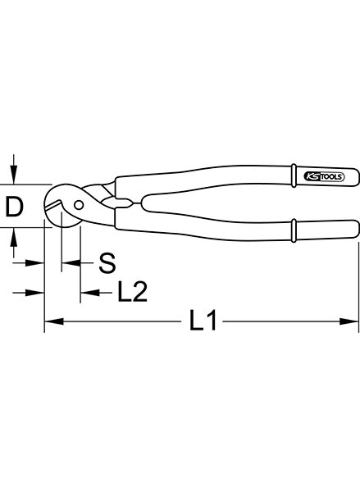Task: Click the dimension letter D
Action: pyautogui.click(x=15, y=207)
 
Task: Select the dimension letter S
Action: pyautogui.click(x=107, y=263)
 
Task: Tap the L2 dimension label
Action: pyautogui.click(x=133, y=292)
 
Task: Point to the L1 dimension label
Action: pyautogui.click(x=203, y=320)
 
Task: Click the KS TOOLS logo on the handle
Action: pyautogui.click(x=324, y=176)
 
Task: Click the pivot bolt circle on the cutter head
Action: pyautogui.click(x=79, y=205)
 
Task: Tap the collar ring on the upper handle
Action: pyautogui.click(x=294, y=175)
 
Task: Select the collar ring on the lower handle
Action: pyautogui.click(x=294, y=230)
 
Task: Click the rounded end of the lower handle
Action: pyautogui.click(x=356, y=230)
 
